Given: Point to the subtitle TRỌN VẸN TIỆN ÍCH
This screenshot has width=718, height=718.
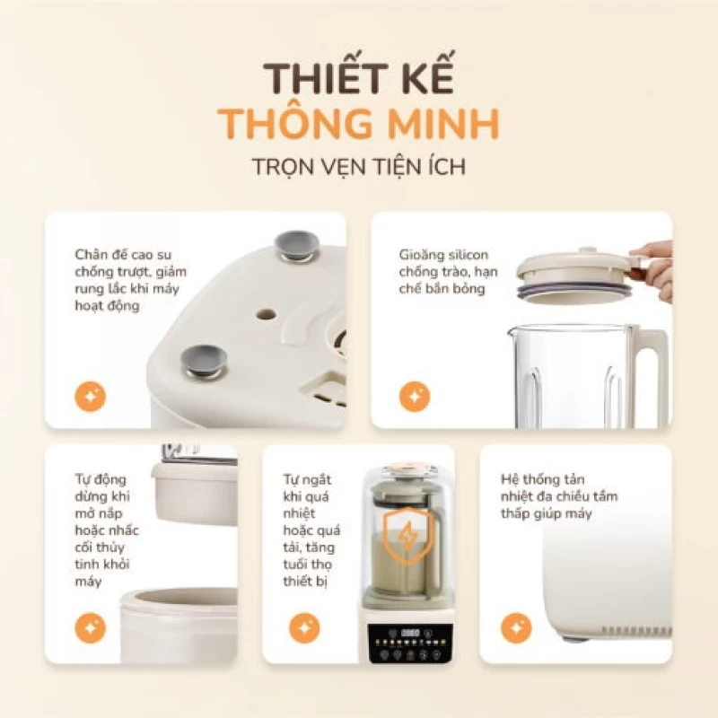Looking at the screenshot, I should [x=358, y=167].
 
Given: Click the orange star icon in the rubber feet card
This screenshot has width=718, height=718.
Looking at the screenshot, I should [x=90, y=396].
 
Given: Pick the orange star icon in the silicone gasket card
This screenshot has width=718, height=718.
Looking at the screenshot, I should [x=414, y=396].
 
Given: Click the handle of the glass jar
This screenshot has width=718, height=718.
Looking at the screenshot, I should [x=648, y=377].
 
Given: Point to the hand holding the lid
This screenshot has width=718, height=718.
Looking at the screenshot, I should [x=656, y=266].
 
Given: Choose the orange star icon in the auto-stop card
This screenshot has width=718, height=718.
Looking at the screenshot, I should [x=90, y=627].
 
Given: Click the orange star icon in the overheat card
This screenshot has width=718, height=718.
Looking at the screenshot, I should [x=304, y=627].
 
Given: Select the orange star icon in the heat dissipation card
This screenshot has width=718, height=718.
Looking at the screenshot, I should [x=516, y=627].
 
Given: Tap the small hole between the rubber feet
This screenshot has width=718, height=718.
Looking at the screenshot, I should [x=267, y=316].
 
